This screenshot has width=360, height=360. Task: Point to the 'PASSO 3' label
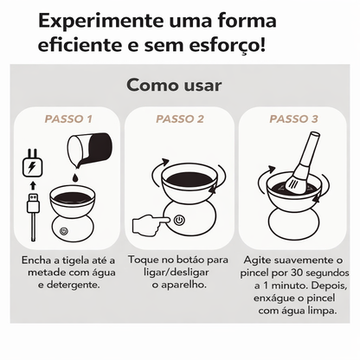[x=292, y=119]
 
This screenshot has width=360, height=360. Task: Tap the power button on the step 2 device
[x=177, y=220]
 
